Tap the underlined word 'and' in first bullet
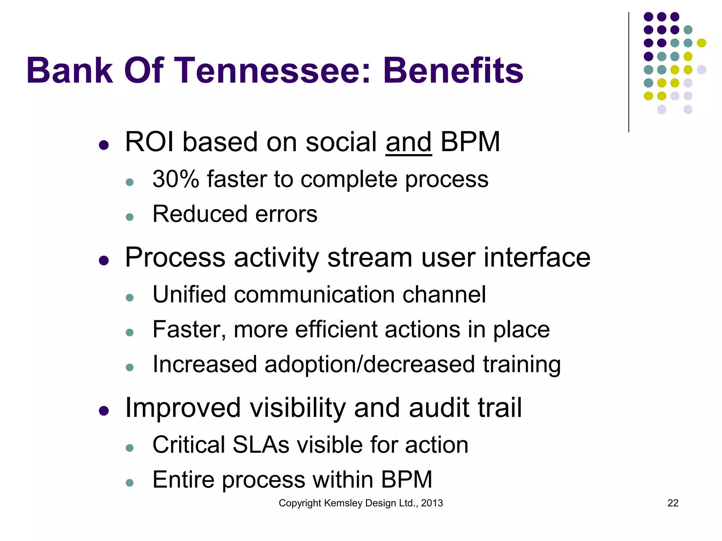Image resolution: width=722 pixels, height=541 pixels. pyautogui.click(x=408, y=142)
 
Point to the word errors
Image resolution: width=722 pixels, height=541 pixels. pyautogui.click(x=286, y=214)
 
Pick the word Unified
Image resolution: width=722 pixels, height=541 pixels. pyautogui.click(x=189, y=294)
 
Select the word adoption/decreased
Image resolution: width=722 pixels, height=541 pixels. pyautogui.click(x=369, y=364)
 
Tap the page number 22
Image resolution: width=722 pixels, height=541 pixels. pyautogui.click(x=673, y=503)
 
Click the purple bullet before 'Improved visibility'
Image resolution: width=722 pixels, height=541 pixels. pyautogui.click(x=104, y=411)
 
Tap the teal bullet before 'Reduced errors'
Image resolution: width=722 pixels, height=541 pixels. pyautogui.click(x=130, y=217)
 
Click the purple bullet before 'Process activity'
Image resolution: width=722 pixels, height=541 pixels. pyautogui.click(x=104, y=260)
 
